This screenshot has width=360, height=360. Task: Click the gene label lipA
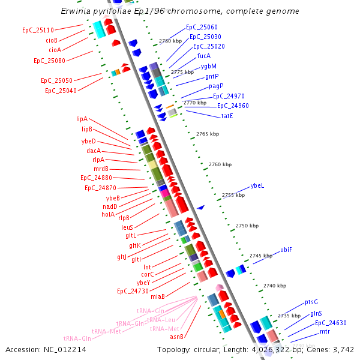click(x=82, y=119)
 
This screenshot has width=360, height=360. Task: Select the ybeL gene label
click(x=257, y=185)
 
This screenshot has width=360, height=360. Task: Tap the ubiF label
click(x=286, y=250)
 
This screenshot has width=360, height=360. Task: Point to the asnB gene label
click(x=176, y=337)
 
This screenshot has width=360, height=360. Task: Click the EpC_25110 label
click(x=38, y=30)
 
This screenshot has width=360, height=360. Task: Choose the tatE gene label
click(x=227, y=116)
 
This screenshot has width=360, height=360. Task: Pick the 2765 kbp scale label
click(x=208, y=134)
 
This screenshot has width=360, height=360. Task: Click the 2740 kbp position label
click(x=275, y=286)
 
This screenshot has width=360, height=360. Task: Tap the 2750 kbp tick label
click(x=247, y=226)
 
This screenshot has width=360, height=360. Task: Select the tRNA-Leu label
click(x=161, y=320)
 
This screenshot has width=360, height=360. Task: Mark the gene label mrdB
click(x=101, y=169)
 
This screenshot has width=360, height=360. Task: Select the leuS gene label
click(x=127, y=227)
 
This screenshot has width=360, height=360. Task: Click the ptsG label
click(x=311, y=302)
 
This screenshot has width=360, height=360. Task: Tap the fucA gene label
click(x=204, y=56)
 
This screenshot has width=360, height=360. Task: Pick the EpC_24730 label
click(x=133, y=291)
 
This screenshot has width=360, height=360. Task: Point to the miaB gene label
click(x=158, y=296)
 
